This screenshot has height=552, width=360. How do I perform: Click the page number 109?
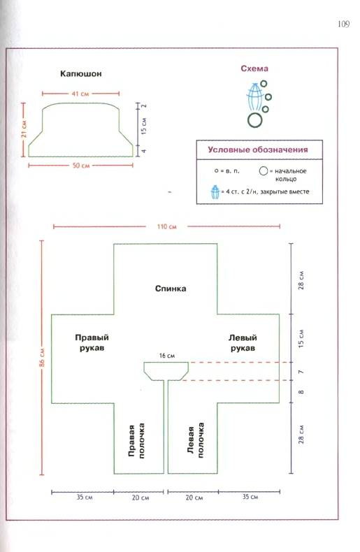click(x=343, y=24)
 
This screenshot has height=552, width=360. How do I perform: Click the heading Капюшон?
click(x=80, y=73)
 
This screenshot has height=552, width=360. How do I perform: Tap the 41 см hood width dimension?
click(x=80, y=94)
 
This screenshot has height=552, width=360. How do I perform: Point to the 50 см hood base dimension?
click(x=81, y=166)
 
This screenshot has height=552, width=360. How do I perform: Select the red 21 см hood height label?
click(x=24, y=129)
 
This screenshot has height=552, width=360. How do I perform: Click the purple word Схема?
click(x=254, y=68)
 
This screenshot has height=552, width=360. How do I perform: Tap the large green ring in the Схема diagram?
click(x=255, y=120)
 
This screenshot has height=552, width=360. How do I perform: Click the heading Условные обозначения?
click(x=257, y=150)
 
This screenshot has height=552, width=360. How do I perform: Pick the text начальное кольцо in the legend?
click(x=290, y=175)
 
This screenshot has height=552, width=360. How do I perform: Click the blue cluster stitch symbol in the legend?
click(x=215, y=192)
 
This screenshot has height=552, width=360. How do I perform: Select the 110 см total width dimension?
click(x=166, y=226)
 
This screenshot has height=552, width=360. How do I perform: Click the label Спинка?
click(x=171, y=289)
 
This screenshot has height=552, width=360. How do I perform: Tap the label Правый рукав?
click(x=92, y=342)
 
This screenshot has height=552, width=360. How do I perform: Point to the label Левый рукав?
click(x=243, y=342)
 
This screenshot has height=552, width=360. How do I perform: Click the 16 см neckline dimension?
click(x=167, y=356)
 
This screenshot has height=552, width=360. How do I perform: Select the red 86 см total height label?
click(x=42, y=357)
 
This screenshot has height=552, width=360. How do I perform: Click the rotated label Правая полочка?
click(x=136, y=441)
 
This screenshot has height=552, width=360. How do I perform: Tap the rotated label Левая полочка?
click(x=196, y=440)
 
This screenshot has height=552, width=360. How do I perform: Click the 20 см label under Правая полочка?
click(x=141, y=497)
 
